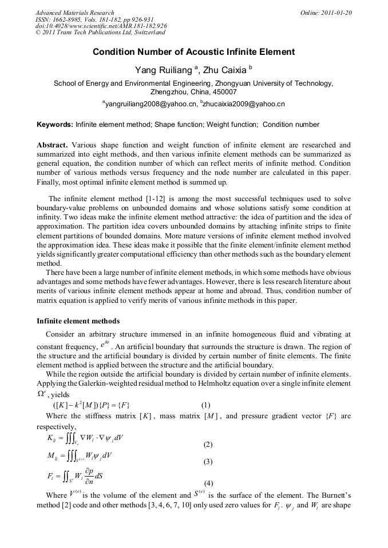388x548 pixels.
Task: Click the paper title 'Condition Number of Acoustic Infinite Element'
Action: pyautogui.click(x=193, y=52)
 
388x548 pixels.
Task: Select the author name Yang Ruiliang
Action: pyautogui.click(x=164, y=70)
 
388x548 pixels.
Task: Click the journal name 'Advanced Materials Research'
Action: pyautogui.click(x=75, y=13)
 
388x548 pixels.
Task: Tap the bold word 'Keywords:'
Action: pyautogui.click(x=55, y=124)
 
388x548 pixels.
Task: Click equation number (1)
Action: pyautogui.click(x=208, y=405)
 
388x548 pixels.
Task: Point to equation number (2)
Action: pyautogui.click(x=208, y=444)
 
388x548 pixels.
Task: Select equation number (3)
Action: pyautogui.click(x=208, y=461)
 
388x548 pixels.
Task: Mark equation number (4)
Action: pyautogui.click(x=208, y=482)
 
